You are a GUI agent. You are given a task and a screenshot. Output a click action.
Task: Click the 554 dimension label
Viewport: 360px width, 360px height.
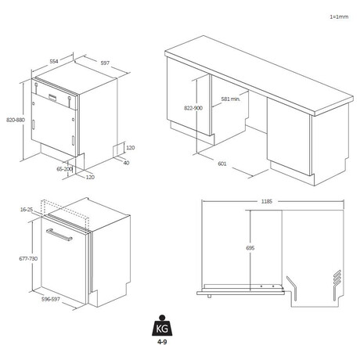(54, 61)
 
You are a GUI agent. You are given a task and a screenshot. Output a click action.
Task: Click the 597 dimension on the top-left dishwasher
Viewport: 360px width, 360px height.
(105, 63)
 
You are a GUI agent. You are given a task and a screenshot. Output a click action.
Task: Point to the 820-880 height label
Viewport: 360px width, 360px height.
(16, 120)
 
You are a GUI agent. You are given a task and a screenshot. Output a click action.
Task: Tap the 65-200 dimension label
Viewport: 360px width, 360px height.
(64, 169)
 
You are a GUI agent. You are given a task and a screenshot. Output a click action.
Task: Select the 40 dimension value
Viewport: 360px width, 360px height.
(126, 163)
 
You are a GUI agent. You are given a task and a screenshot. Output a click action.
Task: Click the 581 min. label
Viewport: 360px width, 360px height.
(231, 99)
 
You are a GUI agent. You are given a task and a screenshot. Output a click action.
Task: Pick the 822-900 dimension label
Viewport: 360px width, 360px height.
(193, 108)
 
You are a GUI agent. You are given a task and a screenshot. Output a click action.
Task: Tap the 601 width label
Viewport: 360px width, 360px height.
(222, 164)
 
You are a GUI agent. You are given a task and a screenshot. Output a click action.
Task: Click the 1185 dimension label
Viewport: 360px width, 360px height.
(267, 201)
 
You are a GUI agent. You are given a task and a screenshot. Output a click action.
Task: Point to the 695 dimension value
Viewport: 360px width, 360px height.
(250, 248)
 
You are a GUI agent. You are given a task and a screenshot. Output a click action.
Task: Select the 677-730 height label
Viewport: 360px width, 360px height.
(28, 258)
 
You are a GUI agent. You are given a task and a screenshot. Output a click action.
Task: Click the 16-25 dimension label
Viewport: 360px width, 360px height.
(27, 209)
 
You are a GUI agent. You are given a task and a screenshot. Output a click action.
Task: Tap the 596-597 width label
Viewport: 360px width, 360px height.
(51, 299)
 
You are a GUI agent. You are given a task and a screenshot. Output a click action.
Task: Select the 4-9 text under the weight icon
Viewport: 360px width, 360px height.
(162, 342)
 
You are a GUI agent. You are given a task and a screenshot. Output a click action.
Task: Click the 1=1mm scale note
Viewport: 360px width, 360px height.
(339, 16)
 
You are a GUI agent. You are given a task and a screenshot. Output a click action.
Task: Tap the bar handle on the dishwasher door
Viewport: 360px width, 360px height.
(59, 235)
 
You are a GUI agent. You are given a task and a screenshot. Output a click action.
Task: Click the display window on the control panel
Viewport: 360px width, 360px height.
(52, 97)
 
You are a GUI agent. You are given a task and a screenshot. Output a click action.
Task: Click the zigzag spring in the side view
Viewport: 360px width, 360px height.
(337, 278)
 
